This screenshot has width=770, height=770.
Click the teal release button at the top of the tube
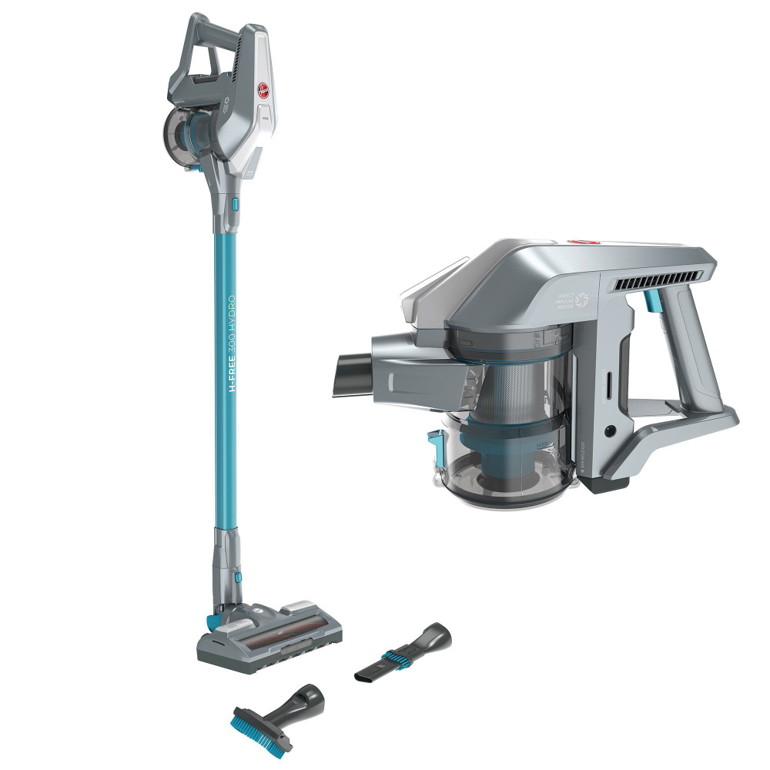coord(234,205)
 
